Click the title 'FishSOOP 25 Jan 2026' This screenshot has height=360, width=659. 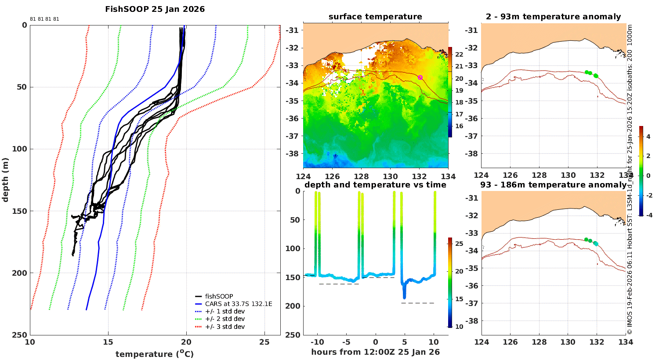(x=155, y=9)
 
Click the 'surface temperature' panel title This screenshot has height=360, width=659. (x=375, y=16)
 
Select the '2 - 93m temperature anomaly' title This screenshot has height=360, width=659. (x=554, y=16)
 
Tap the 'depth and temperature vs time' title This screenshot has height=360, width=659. (x=375, y=184)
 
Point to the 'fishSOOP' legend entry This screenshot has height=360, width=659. (x=219, y=296)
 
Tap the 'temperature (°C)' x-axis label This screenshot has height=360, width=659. (x=155, y=354)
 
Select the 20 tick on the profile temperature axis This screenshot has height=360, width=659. (x=186, y=342)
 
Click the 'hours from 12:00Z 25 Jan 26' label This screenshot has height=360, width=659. (x=375, y=352)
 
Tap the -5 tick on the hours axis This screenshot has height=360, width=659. (x=346, y=342)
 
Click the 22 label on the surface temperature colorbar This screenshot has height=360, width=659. (x=459, y=54)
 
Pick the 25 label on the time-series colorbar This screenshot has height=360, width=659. (x=459, y=244)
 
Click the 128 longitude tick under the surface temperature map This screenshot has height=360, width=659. (x=361, y=176)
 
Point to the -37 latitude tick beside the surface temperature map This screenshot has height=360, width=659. (x=292, y=136)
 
